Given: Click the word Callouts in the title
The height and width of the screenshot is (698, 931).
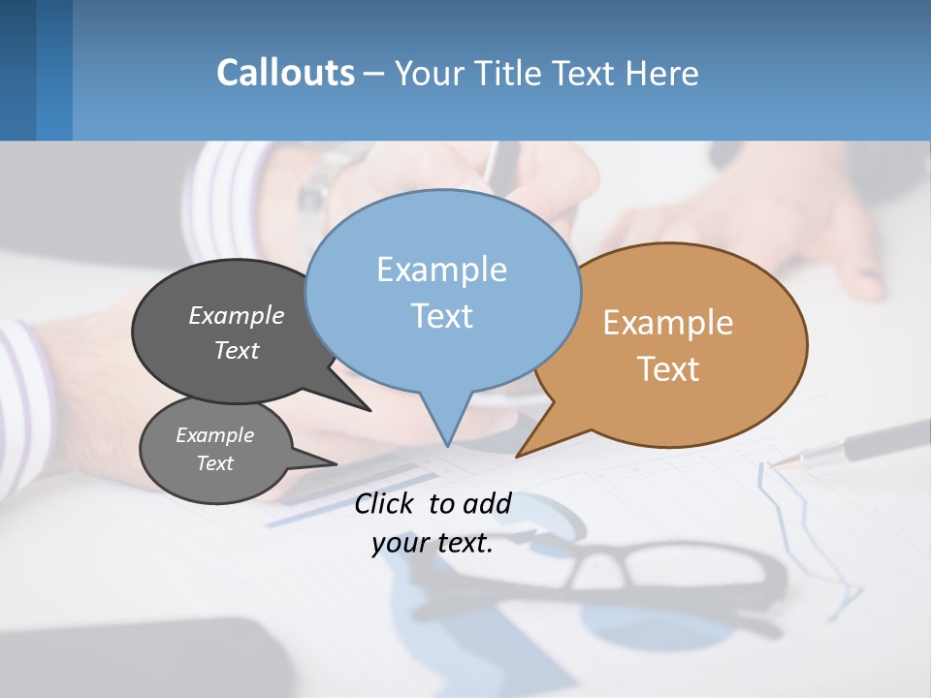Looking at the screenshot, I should tap(285, 73).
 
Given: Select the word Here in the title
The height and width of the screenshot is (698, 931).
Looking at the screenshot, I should tap(659, 73).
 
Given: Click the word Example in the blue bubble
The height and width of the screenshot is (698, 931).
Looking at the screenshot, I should tap(441, 270).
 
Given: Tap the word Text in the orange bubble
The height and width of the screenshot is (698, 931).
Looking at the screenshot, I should tap(668, 369).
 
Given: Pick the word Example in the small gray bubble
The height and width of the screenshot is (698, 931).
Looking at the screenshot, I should tap(214, 435).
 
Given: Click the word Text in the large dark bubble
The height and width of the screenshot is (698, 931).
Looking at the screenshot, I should tap(236, 350).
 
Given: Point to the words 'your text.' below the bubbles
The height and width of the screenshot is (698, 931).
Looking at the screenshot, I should tap(433, 543).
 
